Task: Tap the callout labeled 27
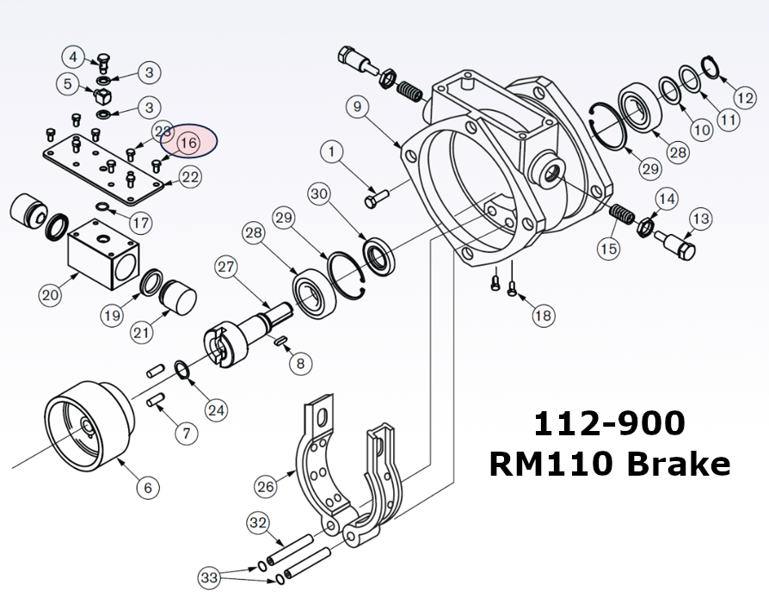pos(226,267)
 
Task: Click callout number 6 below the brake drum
pos(147,487)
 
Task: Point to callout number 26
pos(267,486)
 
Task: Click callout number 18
pos(543,316)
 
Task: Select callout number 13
pos(700,218)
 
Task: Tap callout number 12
pos(745,88)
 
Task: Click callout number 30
pos(319,194)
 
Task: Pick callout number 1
pos(332,152)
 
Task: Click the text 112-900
pos(609,424)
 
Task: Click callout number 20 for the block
pos(50,295)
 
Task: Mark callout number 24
pos(216,409)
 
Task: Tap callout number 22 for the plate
pos(190,177)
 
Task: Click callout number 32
pos(259,522)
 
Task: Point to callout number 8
pos(299,363)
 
